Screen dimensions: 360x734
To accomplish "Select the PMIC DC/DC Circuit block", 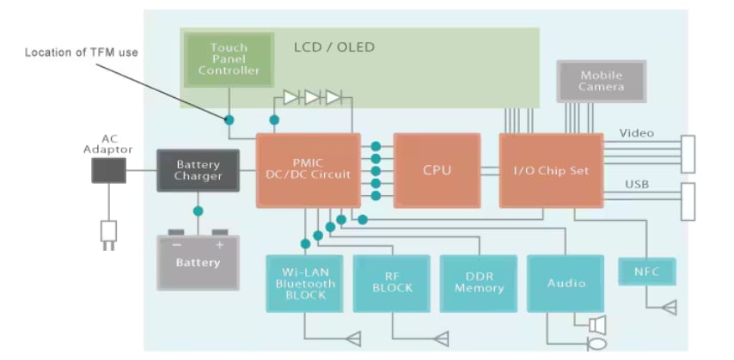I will [308, 170].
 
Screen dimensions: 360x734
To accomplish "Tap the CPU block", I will [437, 170].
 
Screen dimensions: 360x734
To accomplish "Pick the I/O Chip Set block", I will [551, 170].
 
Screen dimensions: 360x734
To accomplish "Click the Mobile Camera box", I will [601, 82].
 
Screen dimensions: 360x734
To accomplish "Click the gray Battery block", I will [198, 261].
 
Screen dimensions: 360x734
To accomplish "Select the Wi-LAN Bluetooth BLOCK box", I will [305, 283].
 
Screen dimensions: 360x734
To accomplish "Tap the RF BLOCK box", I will [391, 283].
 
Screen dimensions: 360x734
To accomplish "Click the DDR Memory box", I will [478, 283].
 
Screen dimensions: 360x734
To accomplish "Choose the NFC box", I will [647, 272].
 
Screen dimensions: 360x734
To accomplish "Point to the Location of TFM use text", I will [81, 53].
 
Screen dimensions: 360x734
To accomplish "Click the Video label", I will [636, 133].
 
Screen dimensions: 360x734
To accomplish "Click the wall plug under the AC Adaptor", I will [108, 232].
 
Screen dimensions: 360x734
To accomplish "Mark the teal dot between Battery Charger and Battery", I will [198, 211].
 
